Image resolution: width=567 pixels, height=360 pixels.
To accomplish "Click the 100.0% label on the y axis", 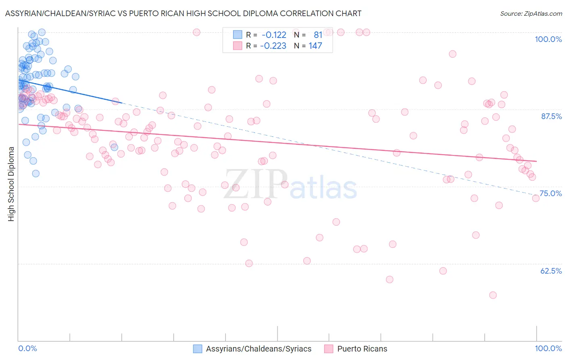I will [x=548, y=39].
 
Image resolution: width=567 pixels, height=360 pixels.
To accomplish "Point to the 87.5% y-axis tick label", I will [x=551, y=116].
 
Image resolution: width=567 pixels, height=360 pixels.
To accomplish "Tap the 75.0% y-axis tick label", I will [x=550, y=193].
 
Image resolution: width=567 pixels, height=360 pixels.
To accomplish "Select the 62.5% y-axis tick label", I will [x=551, y=271].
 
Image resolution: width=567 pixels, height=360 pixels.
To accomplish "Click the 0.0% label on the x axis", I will [x=27, y=348].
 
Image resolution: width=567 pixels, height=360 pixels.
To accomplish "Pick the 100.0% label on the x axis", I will [x=548, y=348].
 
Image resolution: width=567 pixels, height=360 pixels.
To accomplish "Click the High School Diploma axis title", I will [x=11, y=184].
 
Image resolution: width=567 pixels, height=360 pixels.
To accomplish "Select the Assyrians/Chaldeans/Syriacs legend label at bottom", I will [x=258, y=349].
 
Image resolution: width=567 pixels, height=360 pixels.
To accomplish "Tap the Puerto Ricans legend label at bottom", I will [x=362, y=349].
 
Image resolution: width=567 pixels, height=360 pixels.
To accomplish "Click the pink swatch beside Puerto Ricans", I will [x=329, y=349].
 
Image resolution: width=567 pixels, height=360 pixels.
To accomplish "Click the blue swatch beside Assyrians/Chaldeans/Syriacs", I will [x=197, y=349].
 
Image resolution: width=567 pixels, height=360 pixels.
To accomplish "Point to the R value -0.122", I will [x=274, y=35].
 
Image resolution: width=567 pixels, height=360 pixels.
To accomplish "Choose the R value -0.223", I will [x=273, y=46].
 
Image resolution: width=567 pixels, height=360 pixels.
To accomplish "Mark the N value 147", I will [x=315, y=46].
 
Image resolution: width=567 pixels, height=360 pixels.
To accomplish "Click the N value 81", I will [x=318, y=35].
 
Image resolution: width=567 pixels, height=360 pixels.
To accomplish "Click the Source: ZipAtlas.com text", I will [x=531, y=14].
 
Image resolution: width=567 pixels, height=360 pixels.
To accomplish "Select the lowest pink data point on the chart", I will [x=493, y=295].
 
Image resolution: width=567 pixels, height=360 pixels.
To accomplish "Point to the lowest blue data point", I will [x=35, y=174].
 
